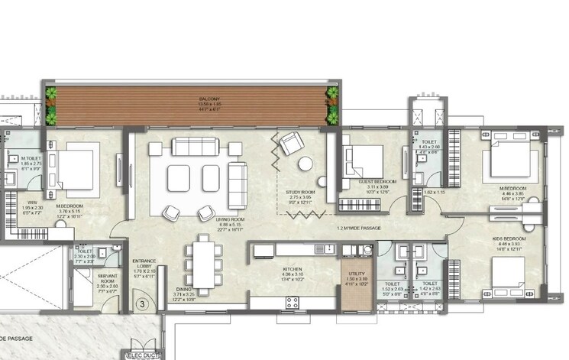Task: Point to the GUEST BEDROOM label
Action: [x=375, y=182]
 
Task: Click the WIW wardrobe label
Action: [x=11, y=204]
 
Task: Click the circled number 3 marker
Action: [x=141, y=304]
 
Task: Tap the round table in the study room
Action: [x=305, y=163]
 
